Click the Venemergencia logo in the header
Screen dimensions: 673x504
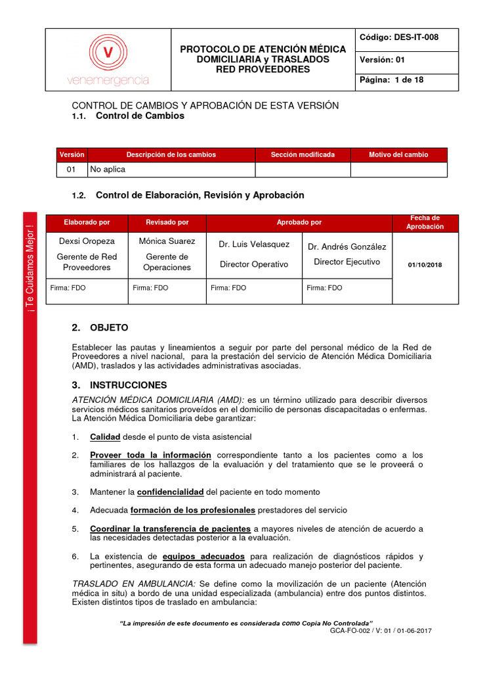coord(108,60)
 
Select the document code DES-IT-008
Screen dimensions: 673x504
coord(399,37)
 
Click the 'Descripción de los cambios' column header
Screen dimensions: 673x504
coord(171,154)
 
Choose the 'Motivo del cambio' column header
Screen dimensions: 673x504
coord(398,154)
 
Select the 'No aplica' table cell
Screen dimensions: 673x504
coord(108,169)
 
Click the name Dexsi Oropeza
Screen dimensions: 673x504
coord(87,241)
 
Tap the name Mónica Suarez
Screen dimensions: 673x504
coord(167,241)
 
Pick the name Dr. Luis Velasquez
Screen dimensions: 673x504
coord(254,244)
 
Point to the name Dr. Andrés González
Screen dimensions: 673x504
coord(346,246)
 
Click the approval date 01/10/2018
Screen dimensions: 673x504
coord(425,264)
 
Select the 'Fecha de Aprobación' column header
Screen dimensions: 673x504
coord(425,222)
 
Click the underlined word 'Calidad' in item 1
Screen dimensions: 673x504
coord(105,437)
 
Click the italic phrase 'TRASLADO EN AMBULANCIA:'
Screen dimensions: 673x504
coord(133,584)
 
